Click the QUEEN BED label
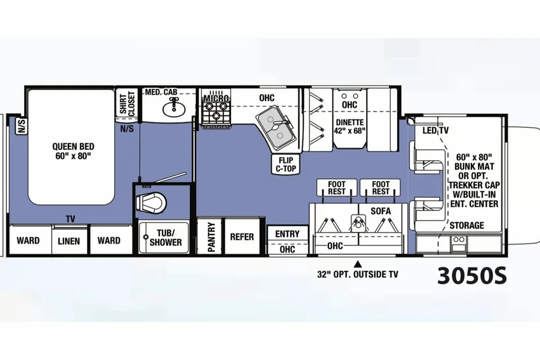point(73,151)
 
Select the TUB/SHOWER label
point(165,238)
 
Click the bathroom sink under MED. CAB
point(174,108)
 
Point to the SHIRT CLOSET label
point(127,103)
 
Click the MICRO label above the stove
point(216,98)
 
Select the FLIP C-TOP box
point(286,164)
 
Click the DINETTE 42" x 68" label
point(349,127)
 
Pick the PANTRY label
point(211,237)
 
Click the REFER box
point(242,237)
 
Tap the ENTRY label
point(287,234)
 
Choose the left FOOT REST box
point(337,188)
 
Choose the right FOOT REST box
point(380,188)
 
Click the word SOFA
point(381,211)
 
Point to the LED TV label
point(435,130)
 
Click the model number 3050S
point(472,276)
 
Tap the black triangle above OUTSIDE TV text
point(358,264)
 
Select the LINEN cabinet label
point(69,241)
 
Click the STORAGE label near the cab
point(467,226)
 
